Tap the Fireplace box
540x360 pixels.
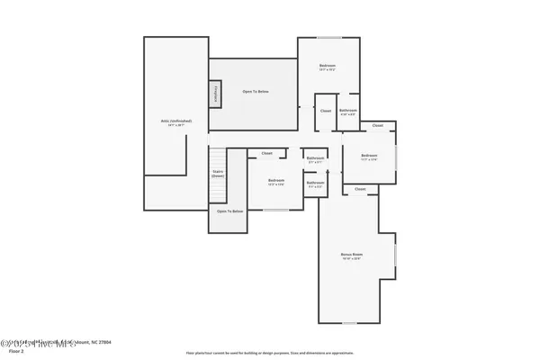point(215,93)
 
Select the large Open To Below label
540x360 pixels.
point(256,92)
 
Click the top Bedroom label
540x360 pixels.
point(328,67)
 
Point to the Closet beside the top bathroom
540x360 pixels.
point(325,111)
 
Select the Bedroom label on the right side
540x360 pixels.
point(369,156)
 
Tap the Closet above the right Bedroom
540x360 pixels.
point(377,125)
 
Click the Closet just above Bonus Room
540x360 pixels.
point(360,189)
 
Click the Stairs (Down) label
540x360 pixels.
point(218,173)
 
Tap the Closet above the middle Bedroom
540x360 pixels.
point(267,153)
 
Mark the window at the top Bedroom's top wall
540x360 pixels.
point(328,37)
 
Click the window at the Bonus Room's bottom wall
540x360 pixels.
point(349,323)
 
